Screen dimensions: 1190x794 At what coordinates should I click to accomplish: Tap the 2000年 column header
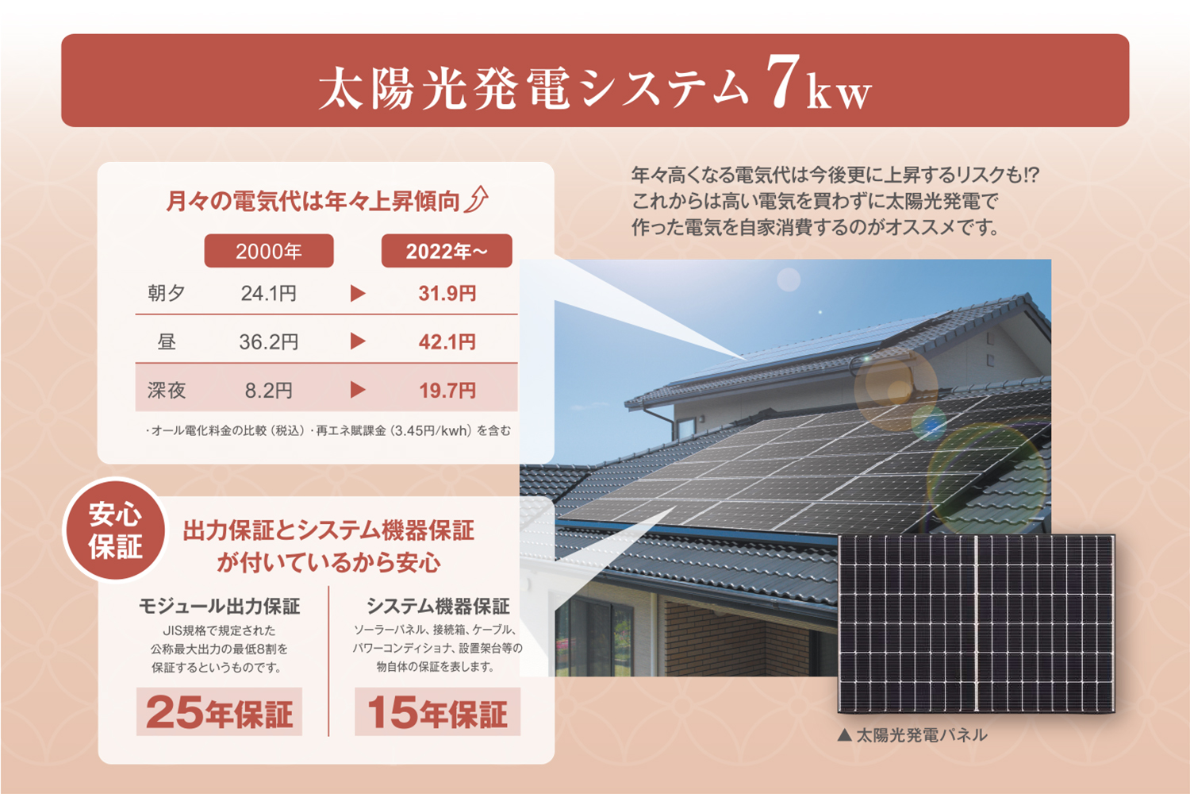coord(269,250)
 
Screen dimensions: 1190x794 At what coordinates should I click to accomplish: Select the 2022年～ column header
coord(447,250)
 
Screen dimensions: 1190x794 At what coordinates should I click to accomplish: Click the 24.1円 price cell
coord(269,293)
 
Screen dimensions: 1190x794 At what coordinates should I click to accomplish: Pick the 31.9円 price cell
coord(447,293)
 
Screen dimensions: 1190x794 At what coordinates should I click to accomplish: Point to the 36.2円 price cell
coord(269,341)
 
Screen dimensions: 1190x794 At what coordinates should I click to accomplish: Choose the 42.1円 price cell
coord(447,341)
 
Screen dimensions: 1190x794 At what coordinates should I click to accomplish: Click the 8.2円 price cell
coord(269,391)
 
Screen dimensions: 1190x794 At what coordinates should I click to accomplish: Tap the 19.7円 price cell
coord(447,391)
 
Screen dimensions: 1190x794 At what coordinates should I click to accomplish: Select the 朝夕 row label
coord(167,293)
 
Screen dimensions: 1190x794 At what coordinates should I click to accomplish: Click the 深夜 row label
coord(167,391)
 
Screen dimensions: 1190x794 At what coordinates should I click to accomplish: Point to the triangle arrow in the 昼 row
coord(358,341)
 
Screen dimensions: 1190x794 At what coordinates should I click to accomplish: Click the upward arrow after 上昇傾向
coord(476,199)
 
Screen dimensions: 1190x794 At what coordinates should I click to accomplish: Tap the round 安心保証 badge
coord(115,530)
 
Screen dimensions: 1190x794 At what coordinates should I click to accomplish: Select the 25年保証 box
coord(219,711)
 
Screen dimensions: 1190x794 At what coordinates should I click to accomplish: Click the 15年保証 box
coord(437,711)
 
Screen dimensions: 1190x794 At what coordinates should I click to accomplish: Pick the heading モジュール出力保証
coord(219,607)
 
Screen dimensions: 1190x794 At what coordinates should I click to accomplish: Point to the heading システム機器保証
coord(438,607)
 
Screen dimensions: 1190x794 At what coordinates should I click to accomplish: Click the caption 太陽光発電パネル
coord(912,735)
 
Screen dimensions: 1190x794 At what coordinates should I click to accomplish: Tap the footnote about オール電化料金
coord(328,430)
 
